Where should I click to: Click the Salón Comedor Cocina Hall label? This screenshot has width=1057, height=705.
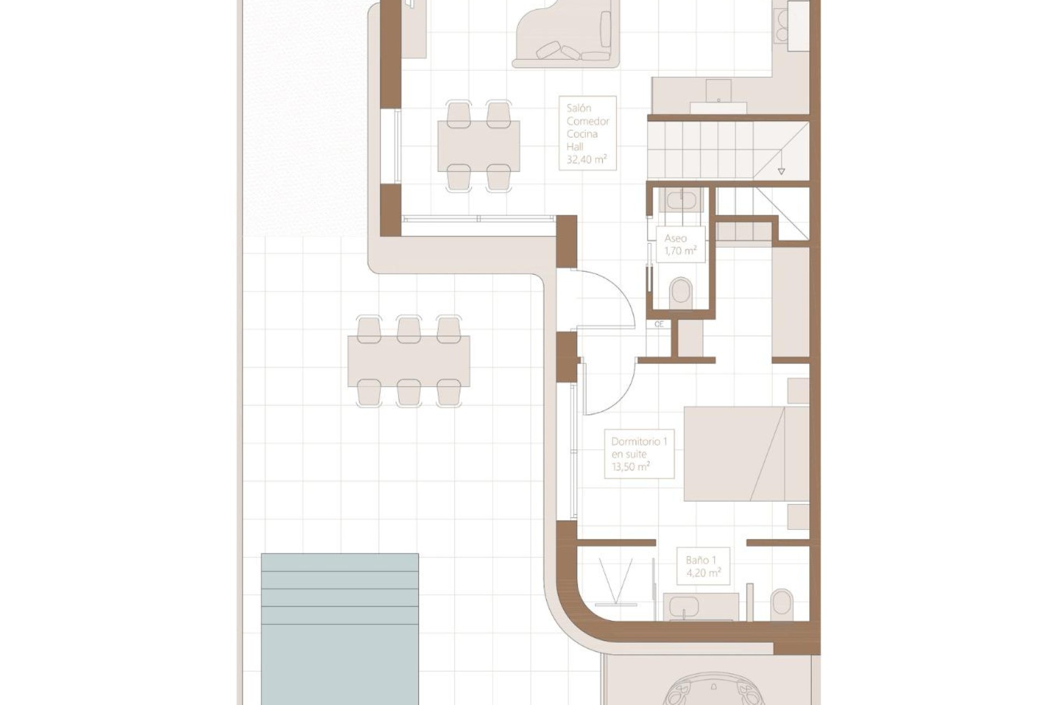(x=587, y=133)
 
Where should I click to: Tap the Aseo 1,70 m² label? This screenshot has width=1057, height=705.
(x=681, y=244)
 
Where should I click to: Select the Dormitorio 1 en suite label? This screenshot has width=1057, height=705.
(x=639, y=454)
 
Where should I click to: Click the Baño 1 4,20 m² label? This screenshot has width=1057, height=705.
(x=703, y=566)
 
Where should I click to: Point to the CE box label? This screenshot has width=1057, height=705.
(x=659, y=325)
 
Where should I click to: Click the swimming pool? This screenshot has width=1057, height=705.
(x=340, y=628)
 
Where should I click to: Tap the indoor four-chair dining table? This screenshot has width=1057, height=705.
(x=478, y=146)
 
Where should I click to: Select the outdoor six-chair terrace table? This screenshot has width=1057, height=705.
(x=408, y=361)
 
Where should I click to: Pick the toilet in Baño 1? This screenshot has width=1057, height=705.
(x=781, y=605)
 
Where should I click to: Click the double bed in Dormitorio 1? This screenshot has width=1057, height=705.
(x=745, y=454)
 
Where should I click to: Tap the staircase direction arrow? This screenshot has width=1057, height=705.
(x=781, y=171)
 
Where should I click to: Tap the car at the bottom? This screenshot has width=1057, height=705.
(x=713, y=691)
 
